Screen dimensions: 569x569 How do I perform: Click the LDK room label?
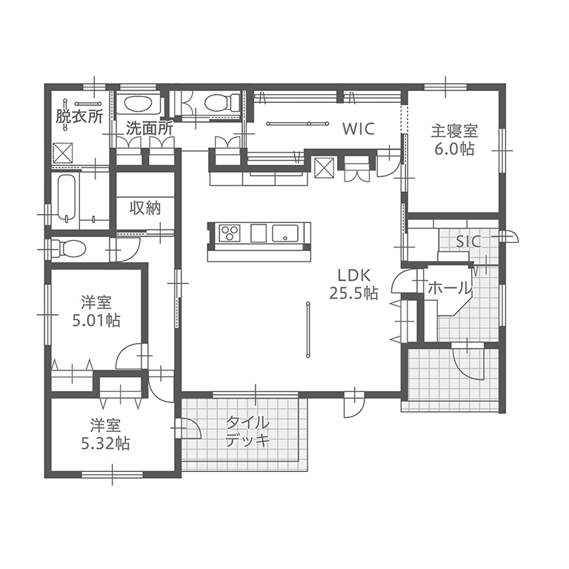point(354,276)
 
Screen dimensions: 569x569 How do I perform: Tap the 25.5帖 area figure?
point(354,293)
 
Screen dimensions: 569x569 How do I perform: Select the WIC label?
point(359,129)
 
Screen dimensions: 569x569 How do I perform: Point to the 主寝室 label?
point(454,131)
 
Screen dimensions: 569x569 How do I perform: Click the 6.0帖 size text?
point(454,149)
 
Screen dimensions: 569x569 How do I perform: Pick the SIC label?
point(468,242)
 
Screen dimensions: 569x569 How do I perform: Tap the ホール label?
point(450,288)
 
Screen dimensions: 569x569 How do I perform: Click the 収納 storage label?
point(145,208)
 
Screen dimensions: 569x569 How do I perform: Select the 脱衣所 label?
point(79,116)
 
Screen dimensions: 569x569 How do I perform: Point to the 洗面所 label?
point(150,129)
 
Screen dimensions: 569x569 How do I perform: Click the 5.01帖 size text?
point(96,320)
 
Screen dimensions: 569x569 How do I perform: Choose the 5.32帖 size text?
point(105,443)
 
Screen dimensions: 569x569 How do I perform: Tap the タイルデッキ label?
point(248,432)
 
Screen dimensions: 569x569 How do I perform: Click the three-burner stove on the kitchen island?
point(230,233)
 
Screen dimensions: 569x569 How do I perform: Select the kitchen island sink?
point(285,233)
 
